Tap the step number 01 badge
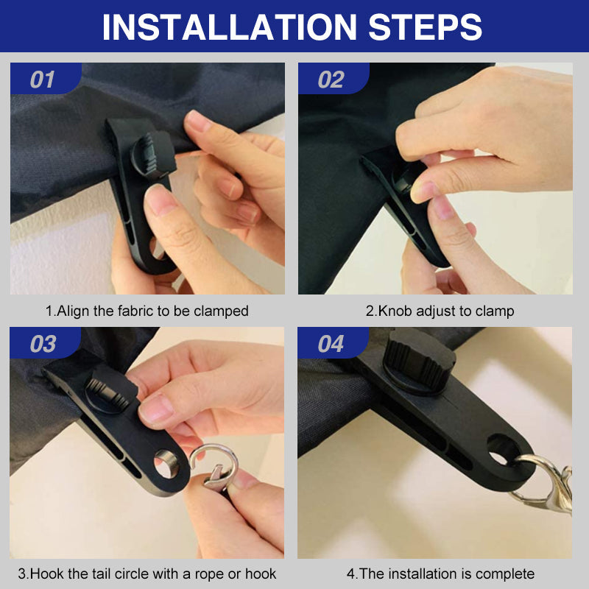point(43,80)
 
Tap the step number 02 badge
point(331,80)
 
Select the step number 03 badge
point(43,344)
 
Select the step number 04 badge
point(331,344)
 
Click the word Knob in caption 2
point(394,311)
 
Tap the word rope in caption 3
point(197,574)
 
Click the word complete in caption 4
point(505,574)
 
